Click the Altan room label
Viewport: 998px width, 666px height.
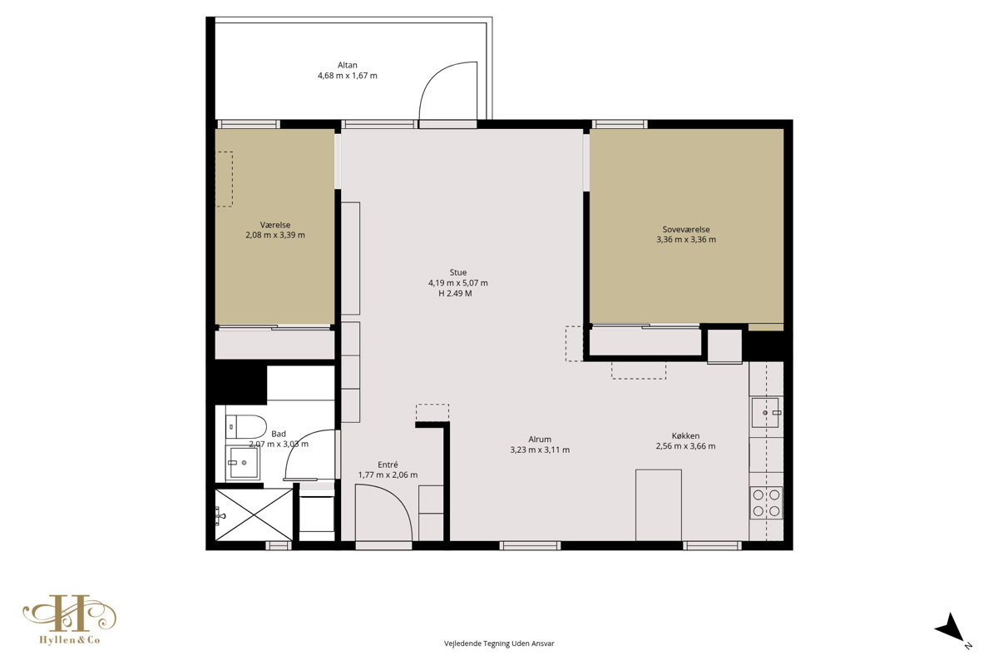(x=347, y=65)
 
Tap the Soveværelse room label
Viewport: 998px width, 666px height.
(x=685, y=229)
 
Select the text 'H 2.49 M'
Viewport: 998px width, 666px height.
(x=455, y=293)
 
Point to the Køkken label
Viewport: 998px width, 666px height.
(x=685, y=435)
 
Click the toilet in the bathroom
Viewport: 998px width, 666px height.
(x=245, y=426)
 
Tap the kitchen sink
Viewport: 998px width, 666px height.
(x=766, y=413)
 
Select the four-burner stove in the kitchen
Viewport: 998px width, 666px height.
(x=766, y=502)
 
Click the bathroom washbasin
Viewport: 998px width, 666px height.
(x=242, y=463)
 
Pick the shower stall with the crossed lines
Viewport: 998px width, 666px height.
(x=254, y=514)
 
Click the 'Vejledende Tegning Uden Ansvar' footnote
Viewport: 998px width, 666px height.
(x=499, y=644)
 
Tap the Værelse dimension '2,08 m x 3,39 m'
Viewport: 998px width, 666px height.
(x=275, y=235)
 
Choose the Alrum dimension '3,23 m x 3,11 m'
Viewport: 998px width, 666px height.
(x=540, y=450)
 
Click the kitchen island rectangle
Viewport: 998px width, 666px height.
(x=659, y=505)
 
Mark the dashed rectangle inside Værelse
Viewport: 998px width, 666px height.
(x=224, y=179)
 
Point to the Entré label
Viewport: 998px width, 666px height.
(x=388, y=465)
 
